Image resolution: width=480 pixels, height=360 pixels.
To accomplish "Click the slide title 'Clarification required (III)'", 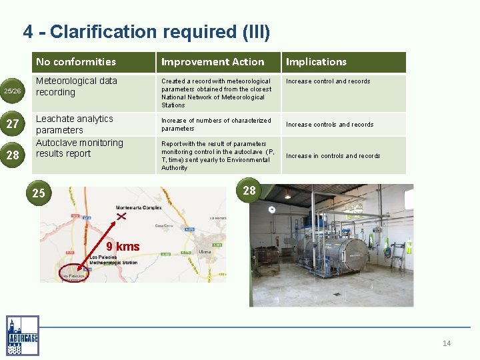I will pos(147,31).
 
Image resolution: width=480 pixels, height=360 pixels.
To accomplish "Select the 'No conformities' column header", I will pos(76,62).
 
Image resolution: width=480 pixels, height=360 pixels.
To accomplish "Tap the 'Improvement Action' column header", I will pos(213,62).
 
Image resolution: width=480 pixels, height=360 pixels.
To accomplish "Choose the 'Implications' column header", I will pos(316,62).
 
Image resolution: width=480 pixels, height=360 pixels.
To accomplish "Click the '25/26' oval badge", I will pos(13,90).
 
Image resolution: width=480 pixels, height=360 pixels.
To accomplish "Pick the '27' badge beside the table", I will pos(13,124).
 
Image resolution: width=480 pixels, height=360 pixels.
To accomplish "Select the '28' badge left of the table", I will pos(13,155).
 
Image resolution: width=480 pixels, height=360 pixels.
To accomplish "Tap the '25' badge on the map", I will pos(39,193).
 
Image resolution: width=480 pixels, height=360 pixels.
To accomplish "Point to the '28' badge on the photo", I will pos(249,191).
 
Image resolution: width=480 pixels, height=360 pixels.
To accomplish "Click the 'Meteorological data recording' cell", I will pos(77,87).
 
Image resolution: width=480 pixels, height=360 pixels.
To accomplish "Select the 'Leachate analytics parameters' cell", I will pos(75,124).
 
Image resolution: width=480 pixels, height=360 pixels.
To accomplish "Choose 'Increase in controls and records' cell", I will pos(333,156).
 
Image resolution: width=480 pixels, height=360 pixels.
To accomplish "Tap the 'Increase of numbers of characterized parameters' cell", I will pos(216,125).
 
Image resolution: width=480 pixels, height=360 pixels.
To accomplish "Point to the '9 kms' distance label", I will pos(123,247).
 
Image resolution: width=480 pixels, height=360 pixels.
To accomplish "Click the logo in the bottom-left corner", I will pos(22,335).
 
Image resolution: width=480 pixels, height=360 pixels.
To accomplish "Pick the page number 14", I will pos(447,343).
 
